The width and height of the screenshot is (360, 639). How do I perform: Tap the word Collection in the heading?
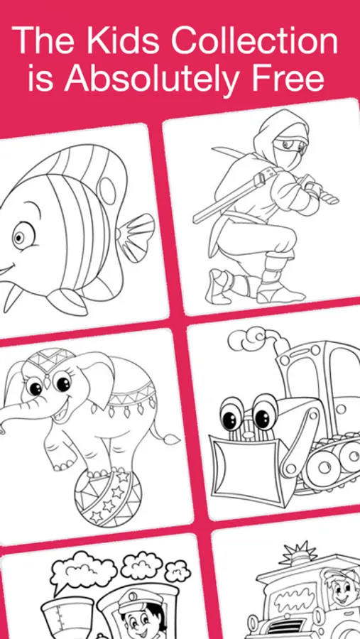[253, 40]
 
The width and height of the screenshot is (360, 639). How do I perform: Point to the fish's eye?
[21, 236]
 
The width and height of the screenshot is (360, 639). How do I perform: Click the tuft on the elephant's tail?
[171, 439]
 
